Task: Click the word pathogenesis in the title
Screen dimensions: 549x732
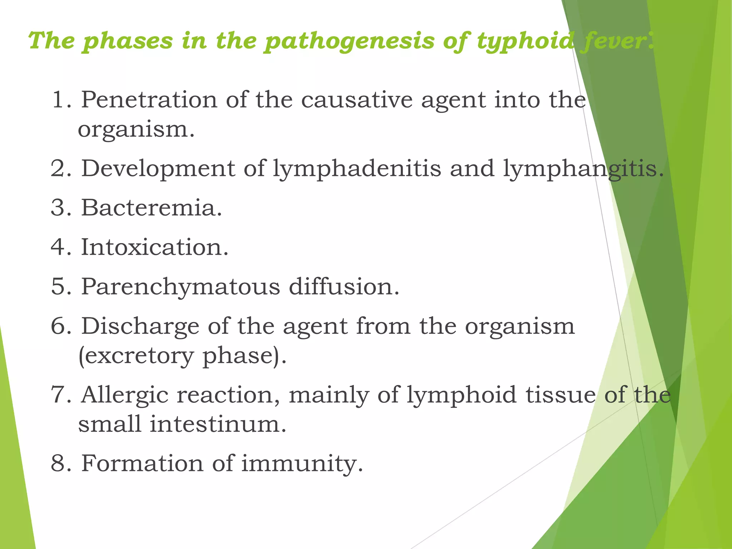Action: [x=349, y=41]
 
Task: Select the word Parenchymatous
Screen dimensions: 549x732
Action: [x=180, y=287]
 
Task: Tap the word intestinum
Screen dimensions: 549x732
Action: [x=218, y=424]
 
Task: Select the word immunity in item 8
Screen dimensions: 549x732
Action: [x=302, y=464]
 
